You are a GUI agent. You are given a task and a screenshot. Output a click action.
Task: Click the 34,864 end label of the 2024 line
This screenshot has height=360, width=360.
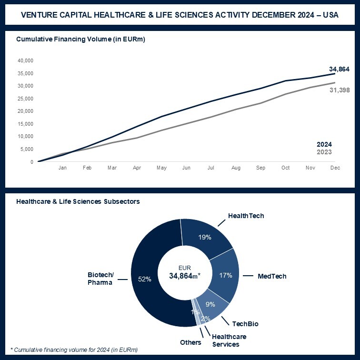pos(339,70)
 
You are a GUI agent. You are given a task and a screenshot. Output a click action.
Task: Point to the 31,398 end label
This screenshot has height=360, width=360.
pos(339,90)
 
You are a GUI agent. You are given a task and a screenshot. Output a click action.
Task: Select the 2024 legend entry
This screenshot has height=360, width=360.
pos(324,144)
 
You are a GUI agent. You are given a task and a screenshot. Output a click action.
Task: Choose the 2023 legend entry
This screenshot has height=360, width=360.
pos(324,152)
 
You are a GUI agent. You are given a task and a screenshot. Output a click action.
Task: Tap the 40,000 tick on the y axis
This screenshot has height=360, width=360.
pos(25,60)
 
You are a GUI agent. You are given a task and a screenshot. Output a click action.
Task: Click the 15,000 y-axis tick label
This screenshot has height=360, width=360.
pos(25,124)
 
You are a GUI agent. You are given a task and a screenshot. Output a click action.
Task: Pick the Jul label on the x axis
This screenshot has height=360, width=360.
pos(211,168)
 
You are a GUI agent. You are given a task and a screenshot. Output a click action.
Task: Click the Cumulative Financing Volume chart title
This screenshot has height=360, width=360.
pos(80,39)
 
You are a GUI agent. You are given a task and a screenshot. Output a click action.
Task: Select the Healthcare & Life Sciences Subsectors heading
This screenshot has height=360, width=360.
pos(78,201)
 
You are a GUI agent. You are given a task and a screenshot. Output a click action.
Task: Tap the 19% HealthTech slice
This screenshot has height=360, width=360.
pos(205,237)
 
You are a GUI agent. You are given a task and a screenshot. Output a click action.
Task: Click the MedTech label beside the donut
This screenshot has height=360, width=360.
pos(272,276)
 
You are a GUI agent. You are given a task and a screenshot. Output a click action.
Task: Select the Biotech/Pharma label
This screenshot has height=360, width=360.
pos(100,279)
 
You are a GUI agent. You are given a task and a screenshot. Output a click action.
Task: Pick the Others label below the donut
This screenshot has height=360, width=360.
pos(190,342)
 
